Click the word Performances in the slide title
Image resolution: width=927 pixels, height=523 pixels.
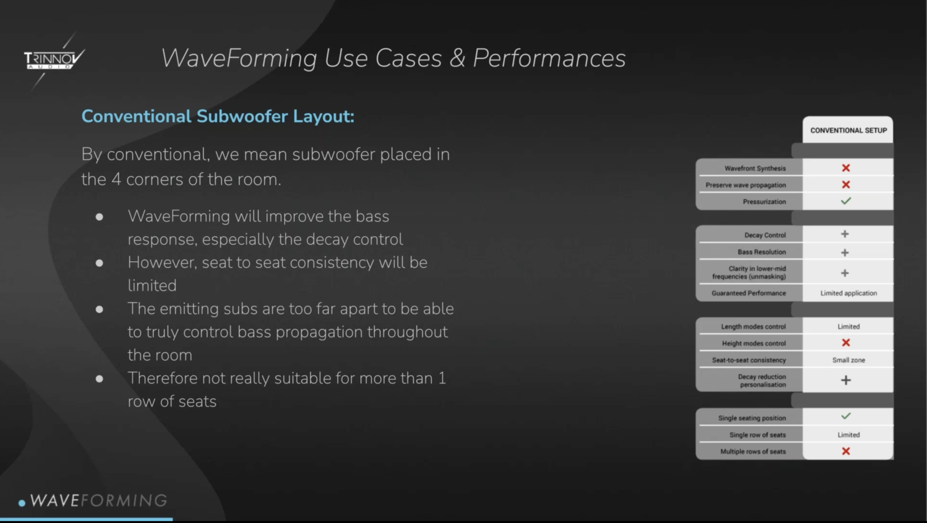pyautogui.click(x=549, y=58)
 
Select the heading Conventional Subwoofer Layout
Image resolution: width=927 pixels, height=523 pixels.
pyautogui.click(x=218, y=117)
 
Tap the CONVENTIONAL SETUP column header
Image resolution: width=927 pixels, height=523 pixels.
pyautogui.click(x=849, y=130)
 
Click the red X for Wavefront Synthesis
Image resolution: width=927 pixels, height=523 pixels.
pyautogui.click(x=846, y=168)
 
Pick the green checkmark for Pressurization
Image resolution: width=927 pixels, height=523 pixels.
pyautogui.click(x=846, y=200)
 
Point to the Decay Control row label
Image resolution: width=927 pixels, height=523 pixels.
pyautogui.click(x=765, y=235)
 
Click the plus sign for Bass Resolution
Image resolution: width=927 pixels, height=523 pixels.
pyautogui.click(x=845, y=252)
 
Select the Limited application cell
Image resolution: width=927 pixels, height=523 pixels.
pyautogui.click(x=849, y=293)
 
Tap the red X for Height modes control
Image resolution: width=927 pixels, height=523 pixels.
pyautogui.click(x=846, y=343)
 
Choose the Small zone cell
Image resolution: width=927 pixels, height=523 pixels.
pyautogui.click(x=849, y=360)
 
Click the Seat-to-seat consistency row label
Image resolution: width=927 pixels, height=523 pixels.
pyautogui.click(x=749, y=360)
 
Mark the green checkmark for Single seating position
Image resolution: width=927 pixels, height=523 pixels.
pyautogui.click(x=846, y=416)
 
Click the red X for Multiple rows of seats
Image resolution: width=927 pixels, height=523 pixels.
pyautogui.click(x=846, y=451)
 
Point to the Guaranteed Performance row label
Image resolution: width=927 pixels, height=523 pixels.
pyautogui.click(x=749, y=293)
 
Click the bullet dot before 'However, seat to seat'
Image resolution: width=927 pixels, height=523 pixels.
pyautogui.click(x=99, y=263)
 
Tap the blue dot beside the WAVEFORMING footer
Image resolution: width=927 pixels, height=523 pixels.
pyautogui.click(x=22, y=503)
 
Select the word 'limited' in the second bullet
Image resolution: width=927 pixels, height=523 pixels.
pyautogui.click(x=152, y=286)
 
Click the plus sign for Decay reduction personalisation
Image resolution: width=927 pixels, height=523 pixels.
pyautogui.click(x=846, y=380)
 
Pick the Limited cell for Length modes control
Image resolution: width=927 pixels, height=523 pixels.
pyautogui.click(x=849, y=326)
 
